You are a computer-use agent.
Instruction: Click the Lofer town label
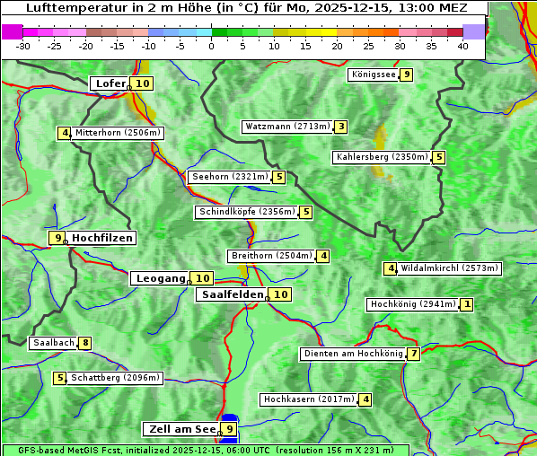point(110,83)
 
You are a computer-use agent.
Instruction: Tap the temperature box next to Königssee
point(407,75)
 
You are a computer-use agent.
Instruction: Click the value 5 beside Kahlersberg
point(438,157)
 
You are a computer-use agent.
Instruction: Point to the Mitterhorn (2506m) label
point(118,133)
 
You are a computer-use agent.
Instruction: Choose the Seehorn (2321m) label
point(230,177)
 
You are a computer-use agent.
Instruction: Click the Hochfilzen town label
point(101,238)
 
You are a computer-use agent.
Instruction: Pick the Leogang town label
point(160,278)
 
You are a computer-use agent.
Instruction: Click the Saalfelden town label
point(232,294)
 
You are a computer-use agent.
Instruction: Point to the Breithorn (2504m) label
point(270,256)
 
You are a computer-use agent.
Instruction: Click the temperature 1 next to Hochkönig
point(466,304)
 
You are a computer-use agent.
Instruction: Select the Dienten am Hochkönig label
point(353,354)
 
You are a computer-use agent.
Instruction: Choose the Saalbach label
point(53,343)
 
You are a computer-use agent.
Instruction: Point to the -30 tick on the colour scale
point(23,45)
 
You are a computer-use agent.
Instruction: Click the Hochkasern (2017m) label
point(309,399)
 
